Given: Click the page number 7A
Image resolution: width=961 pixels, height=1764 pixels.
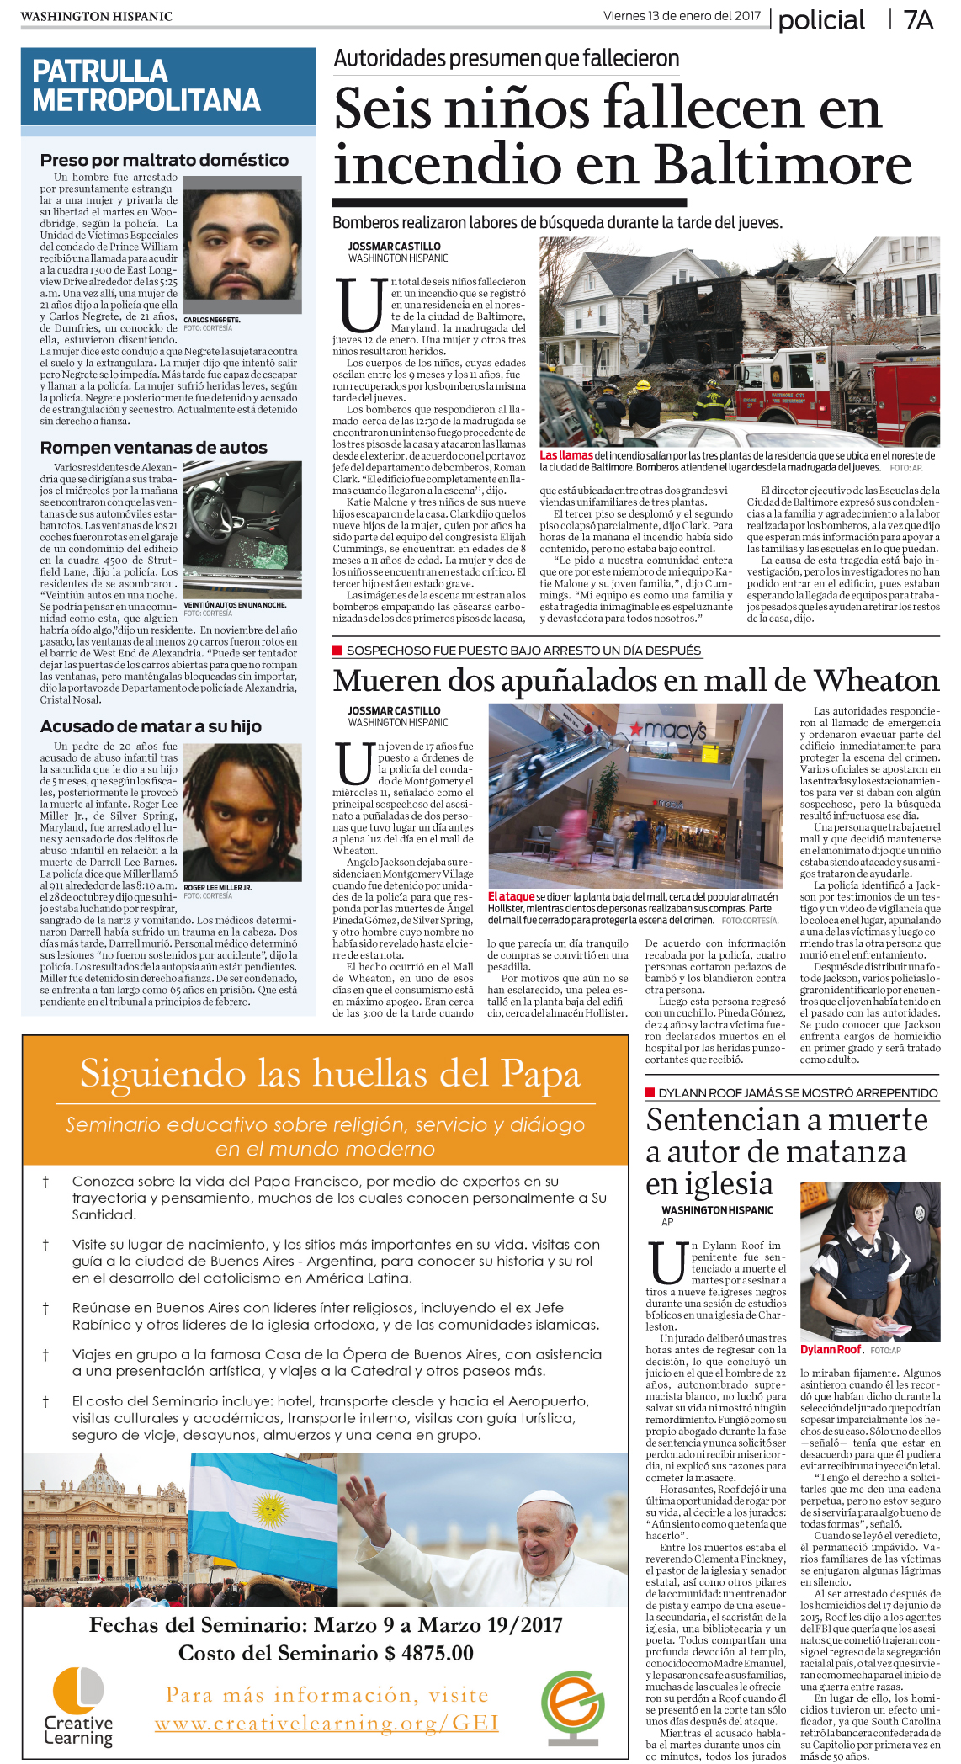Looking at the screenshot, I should [x=918, y=19].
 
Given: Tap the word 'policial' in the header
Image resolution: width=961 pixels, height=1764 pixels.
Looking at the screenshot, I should [x=820, y=20].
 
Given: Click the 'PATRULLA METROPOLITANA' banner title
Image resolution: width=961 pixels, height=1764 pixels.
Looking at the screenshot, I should [x=146, y=86].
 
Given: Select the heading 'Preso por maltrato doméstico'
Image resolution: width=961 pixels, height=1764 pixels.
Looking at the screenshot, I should [x=164, y=160].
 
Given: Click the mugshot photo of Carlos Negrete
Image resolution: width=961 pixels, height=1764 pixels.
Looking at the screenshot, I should [x=242, y=244].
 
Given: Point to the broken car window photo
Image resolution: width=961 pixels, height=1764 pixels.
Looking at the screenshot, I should [x=242, y=529].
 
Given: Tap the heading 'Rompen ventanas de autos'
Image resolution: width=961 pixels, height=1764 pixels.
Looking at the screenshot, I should [x=154, y=448].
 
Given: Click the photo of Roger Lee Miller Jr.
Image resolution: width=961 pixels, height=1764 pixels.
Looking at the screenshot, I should [x=242, y=812].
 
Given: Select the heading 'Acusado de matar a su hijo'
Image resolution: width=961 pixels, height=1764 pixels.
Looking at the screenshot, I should [x=151, y=726].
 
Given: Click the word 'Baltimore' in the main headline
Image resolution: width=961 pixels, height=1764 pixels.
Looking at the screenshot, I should [x=783, y=163].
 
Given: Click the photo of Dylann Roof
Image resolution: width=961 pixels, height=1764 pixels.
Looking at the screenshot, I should [x=869, y=1262].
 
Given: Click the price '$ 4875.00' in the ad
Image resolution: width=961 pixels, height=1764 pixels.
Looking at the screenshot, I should [x=429, y=1653].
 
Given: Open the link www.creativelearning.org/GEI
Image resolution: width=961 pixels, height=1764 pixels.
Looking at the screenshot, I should [x=327, y=1724].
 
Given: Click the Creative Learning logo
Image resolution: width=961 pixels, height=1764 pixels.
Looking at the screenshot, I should [x=78, y=1708].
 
